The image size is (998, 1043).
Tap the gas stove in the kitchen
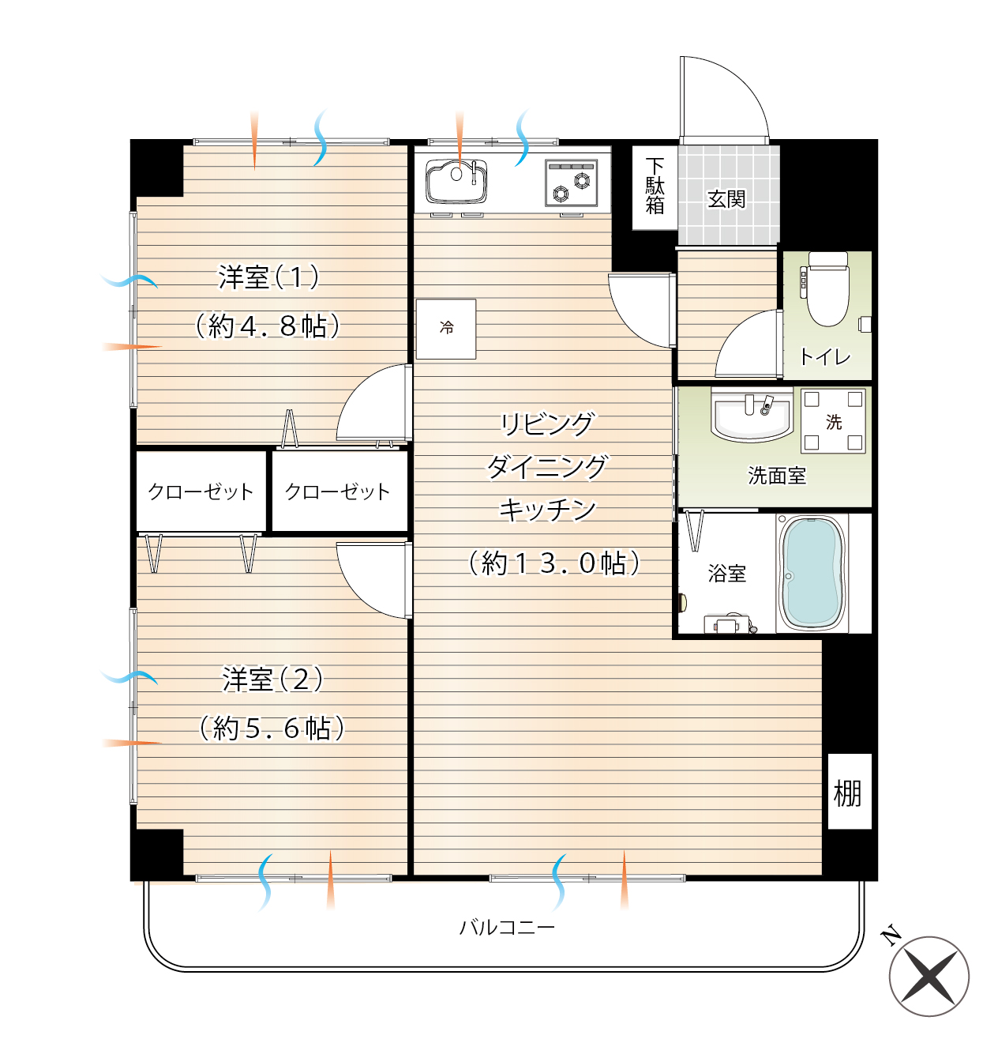(571, 183)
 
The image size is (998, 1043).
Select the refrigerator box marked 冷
(445, 329)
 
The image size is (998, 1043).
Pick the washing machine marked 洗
(833, 420)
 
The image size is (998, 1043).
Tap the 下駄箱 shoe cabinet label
(654, 186)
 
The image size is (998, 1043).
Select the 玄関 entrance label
(726, 199)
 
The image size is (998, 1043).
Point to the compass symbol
(929, 977)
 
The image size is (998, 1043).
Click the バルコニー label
(507, 927)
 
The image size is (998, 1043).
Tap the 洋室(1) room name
(268, 277)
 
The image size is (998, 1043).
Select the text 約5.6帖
(272, 728)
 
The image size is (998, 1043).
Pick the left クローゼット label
(201, 491)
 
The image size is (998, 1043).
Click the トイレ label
(824, 356)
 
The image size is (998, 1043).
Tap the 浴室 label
(726, 573)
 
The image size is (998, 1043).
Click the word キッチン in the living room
(547, 509)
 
